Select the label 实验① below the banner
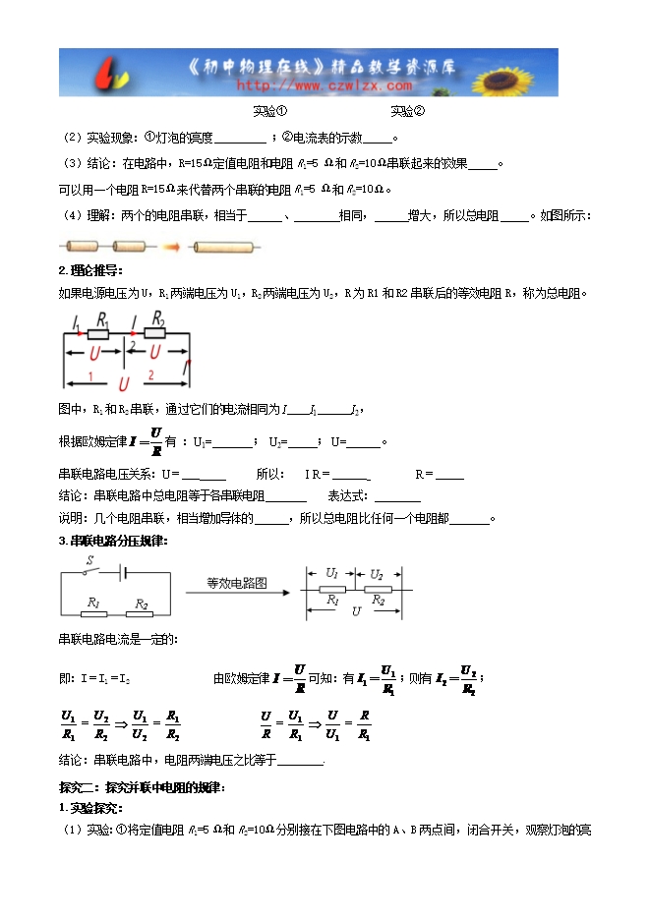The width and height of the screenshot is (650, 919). point(269,112)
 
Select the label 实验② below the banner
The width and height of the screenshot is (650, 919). point(407,112)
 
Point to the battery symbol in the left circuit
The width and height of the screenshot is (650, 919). point(124,571)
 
